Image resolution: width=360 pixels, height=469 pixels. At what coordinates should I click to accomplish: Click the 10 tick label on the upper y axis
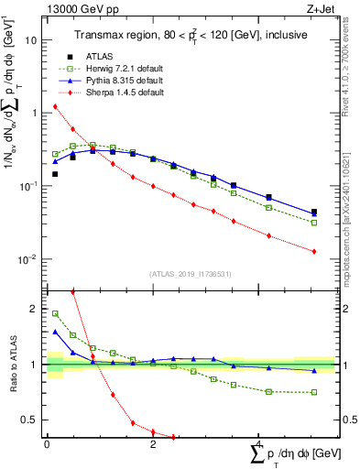[x=31, y=40]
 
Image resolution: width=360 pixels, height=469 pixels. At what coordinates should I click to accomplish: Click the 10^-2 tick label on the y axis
[x=28, y=259]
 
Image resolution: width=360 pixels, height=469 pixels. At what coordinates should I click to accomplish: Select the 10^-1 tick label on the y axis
[x=28, y=186]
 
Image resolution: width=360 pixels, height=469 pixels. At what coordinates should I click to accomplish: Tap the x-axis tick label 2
[x=152, y=442]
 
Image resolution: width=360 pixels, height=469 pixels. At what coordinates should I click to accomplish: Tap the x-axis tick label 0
[x=47, y=442]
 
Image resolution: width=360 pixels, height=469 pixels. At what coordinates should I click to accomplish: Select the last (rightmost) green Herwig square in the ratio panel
[x=313, y=392]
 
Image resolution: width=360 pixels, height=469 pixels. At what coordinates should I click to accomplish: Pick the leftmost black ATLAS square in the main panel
[x=55, y=174]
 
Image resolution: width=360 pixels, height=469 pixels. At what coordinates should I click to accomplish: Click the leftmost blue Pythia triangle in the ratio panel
[x=55, y=332]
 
